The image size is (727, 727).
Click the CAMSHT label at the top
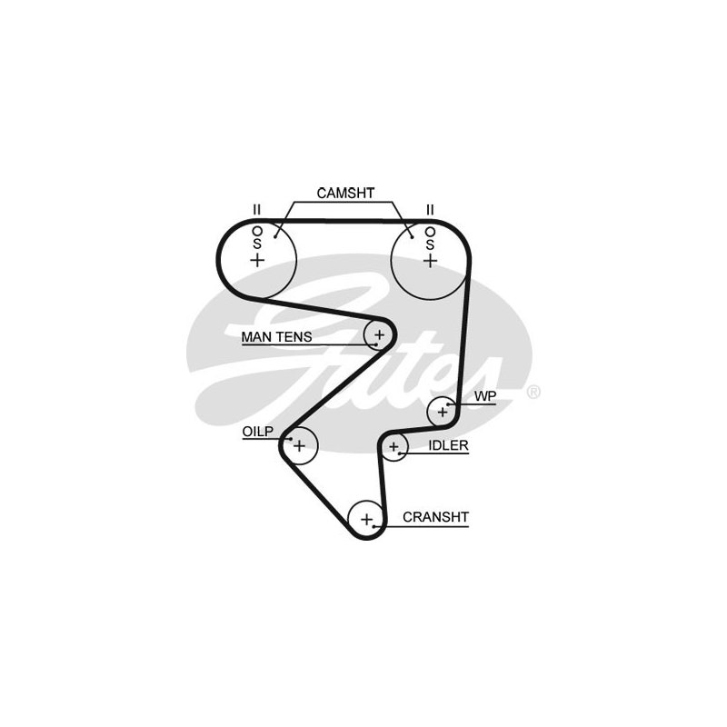(x=345, y=194)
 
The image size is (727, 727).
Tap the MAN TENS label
(x=276, y=337)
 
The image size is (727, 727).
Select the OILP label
(x=257, y=432)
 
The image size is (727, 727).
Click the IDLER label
(x=448, y=445)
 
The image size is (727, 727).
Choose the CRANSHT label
(x=435, y=517)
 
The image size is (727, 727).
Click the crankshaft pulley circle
(x=366, y=520)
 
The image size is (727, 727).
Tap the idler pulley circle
(x=393, y=447)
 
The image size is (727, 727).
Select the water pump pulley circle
(x=443, y=412)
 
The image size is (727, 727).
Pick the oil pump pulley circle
(x=298, y=444)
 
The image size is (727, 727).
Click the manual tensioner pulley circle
(x=378, y=336)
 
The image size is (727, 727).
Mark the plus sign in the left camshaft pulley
(x=257, y=260)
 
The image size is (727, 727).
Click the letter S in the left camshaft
(x=257, y=243)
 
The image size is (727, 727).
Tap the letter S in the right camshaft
(x=429, y=243)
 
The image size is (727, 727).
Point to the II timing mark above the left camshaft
(x=257, y=210)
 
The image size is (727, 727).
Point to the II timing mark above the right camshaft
(x=429, y=210)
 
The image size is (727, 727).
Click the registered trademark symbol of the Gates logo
(x=533, y=392)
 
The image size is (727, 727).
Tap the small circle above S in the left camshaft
(x=257, y=229)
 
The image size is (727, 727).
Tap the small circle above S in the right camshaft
(x=429, y=230)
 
